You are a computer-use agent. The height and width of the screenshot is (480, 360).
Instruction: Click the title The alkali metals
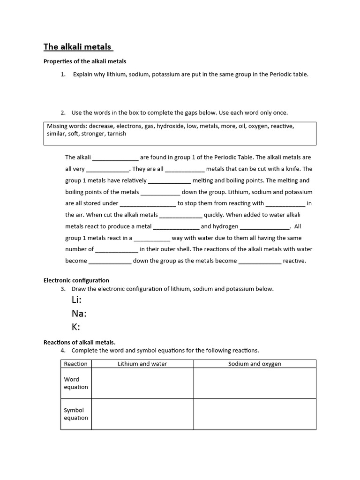pyautogui.click(x=78, y=47)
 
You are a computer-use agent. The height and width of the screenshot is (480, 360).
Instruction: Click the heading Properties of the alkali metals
pyautogui.click(x=85, y=61)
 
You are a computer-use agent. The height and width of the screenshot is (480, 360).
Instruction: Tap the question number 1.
pyautogui.click(x=63, y=75)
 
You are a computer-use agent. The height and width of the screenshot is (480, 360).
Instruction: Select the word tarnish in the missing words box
pyautogui.click(x=117, y=134)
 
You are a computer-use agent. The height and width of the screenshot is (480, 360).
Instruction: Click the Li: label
pyautogui.click(x=77, y=300)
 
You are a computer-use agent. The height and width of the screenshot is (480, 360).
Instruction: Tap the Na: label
pyautogui.click(x=79, y=314)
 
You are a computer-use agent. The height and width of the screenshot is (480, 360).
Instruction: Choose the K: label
pyautogui.click(x=76, y=327)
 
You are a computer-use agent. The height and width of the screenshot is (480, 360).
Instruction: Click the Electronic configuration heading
pyautogui.click(x=76, y=280)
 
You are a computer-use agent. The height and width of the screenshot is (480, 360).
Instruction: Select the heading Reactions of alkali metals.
pyautogui.click(x=79, y=342)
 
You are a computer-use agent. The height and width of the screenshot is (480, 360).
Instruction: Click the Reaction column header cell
pyautogui.click(x=76, y=364)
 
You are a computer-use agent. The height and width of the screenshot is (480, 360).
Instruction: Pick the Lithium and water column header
pyautogui.click(x=142, y=364)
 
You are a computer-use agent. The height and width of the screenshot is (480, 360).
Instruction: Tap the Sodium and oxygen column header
pyautogui.click(x=255, y=364)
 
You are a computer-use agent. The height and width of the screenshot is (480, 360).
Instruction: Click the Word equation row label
pyautogui.click(x=76, y=383)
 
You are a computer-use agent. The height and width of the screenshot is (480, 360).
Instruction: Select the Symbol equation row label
pyautogui.click(x=76, y=414)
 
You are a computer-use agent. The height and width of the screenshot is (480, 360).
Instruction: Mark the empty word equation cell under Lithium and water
pyautogui.click(x=142, y=383)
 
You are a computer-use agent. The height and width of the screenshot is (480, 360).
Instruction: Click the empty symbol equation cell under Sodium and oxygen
pyautogui.click(x=255, y=414)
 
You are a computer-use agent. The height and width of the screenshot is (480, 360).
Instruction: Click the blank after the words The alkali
pyautogui.click(x=115, y=158)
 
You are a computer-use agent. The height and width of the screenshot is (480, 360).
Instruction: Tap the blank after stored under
pyautogui.click(x=148, y=204)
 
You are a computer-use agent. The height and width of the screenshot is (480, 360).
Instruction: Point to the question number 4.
pyautogui.click(x=63, y=351)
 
